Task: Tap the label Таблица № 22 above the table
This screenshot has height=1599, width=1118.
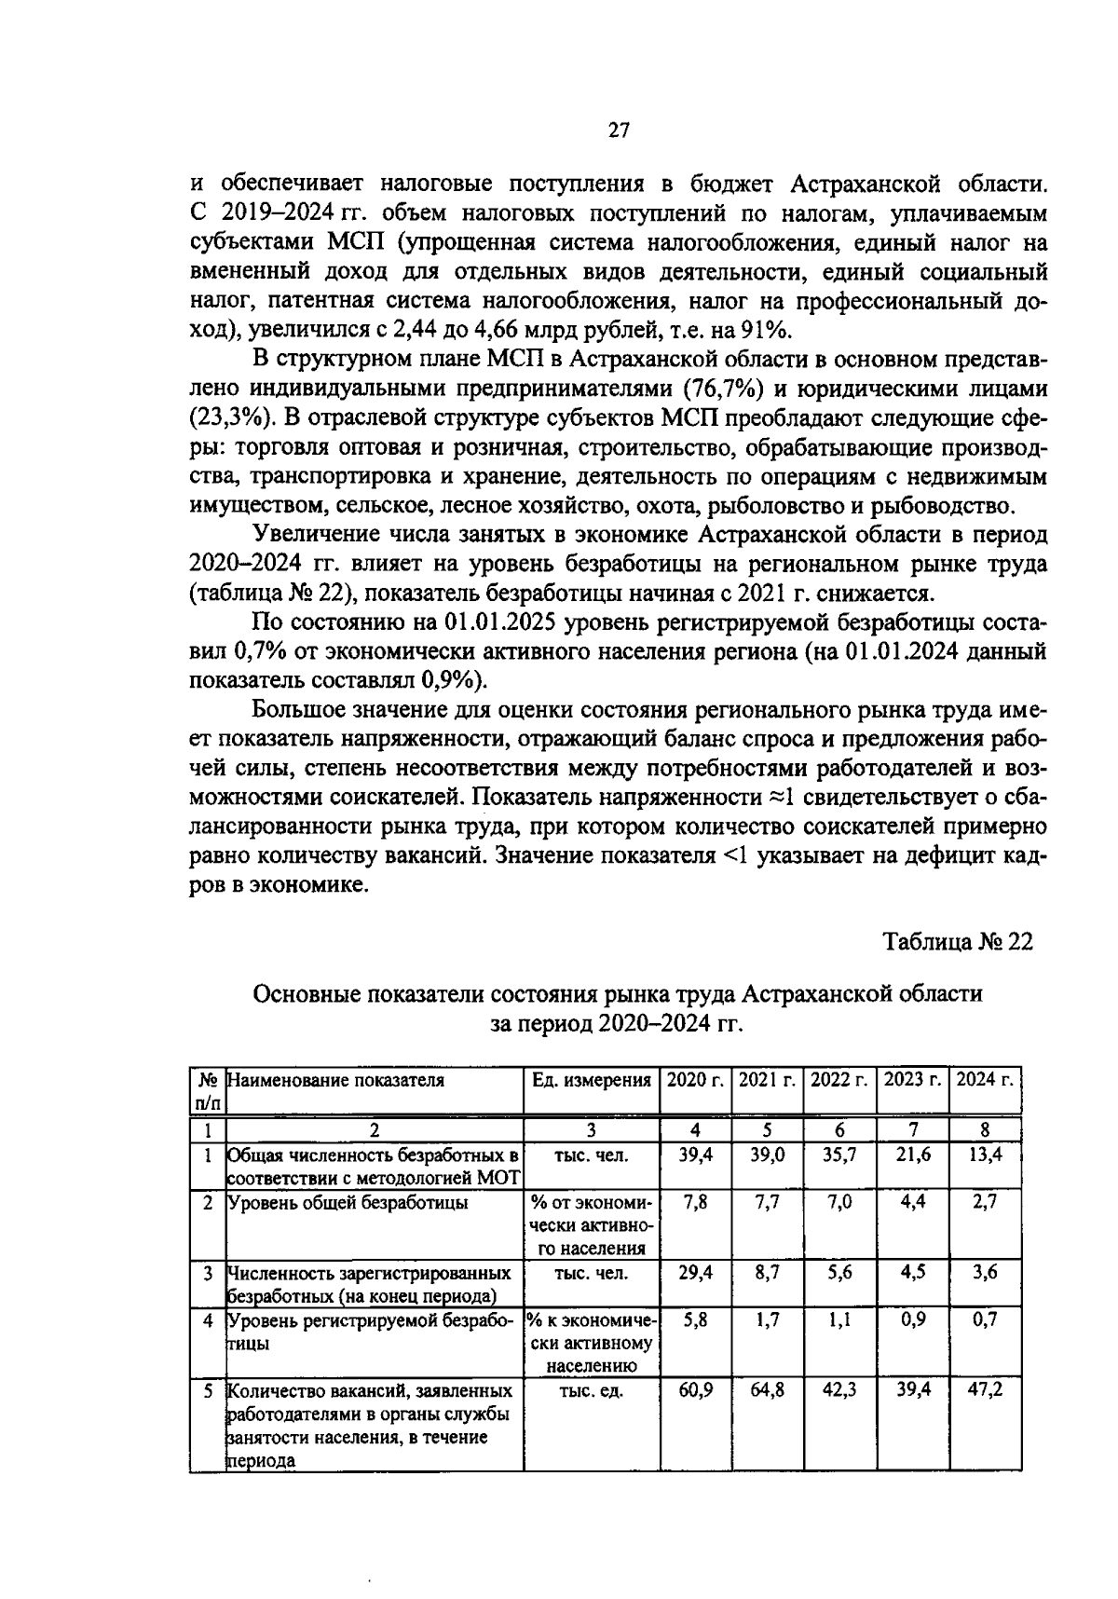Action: click(958, 942)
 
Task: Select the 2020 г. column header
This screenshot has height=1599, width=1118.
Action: click(695, 1081)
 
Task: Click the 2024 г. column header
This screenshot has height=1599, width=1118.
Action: click(985, 1081)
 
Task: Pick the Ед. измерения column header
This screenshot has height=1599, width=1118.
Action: click(591, 1081)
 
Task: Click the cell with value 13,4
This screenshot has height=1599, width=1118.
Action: click(985, 1155)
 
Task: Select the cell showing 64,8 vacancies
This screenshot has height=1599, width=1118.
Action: click(768, 1391)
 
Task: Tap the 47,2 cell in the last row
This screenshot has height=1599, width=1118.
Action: click(985, 1391)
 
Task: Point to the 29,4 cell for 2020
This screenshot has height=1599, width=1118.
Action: click(695, 1273)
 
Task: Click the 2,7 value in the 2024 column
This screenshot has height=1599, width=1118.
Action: click(985, 1202)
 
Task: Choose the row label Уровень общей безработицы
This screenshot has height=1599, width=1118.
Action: click(348, 1203)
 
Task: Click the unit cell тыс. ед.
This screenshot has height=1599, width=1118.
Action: click(591, 1391)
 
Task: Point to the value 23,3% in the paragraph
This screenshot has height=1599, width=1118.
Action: click(224, 418)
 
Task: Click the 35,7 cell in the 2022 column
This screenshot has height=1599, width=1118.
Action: click(839, 1155)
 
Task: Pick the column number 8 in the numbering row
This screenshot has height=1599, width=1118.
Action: click(985, 1130)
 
